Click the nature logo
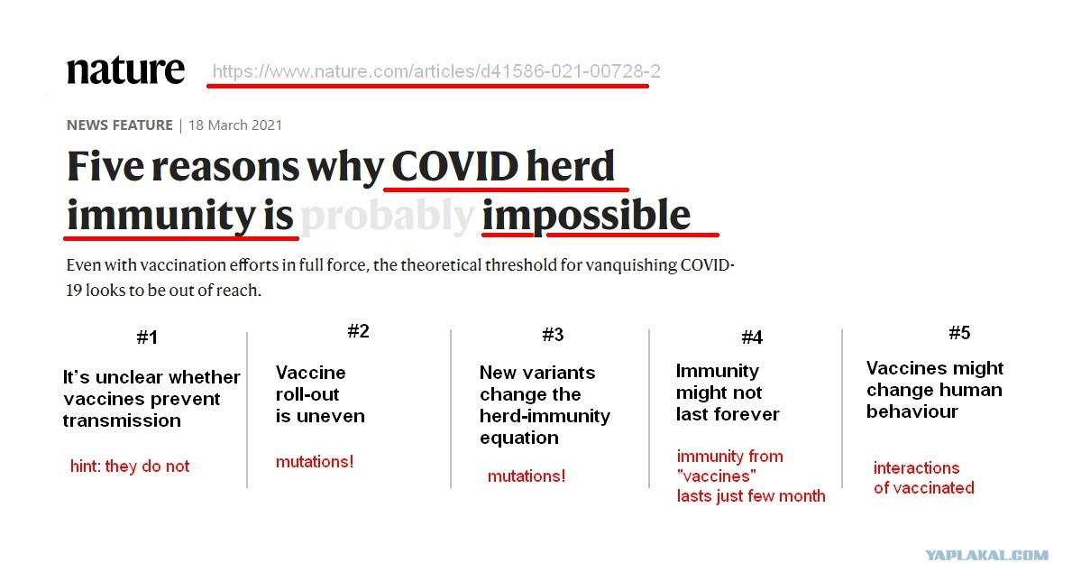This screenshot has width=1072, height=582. click(126, 70)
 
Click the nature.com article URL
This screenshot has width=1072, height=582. click(436, 71)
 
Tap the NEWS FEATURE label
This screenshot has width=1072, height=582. click(120, 125)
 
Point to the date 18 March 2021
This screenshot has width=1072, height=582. click(235, 125)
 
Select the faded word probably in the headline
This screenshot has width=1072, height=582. click(388, 217)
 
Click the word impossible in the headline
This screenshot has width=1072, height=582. click(586, 217)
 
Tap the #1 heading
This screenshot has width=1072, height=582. click(147, 337)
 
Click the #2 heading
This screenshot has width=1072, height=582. click(358, 331)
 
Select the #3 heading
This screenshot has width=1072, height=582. click(553, 335)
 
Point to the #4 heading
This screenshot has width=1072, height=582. click(752, 337)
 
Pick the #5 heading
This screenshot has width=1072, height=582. click(959, 333)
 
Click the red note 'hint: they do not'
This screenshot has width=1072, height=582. click(130, 467)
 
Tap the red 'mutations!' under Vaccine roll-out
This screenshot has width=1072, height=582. click(315, 462)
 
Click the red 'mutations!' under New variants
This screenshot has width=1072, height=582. click(527, 476)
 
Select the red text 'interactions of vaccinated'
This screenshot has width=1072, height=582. click(923, 478)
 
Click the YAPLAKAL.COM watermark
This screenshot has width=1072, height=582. click(986, 555)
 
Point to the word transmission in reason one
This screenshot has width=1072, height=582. click(122, 420)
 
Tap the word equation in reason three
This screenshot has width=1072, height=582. click(519, 439)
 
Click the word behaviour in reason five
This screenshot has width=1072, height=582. click(912, 411)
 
